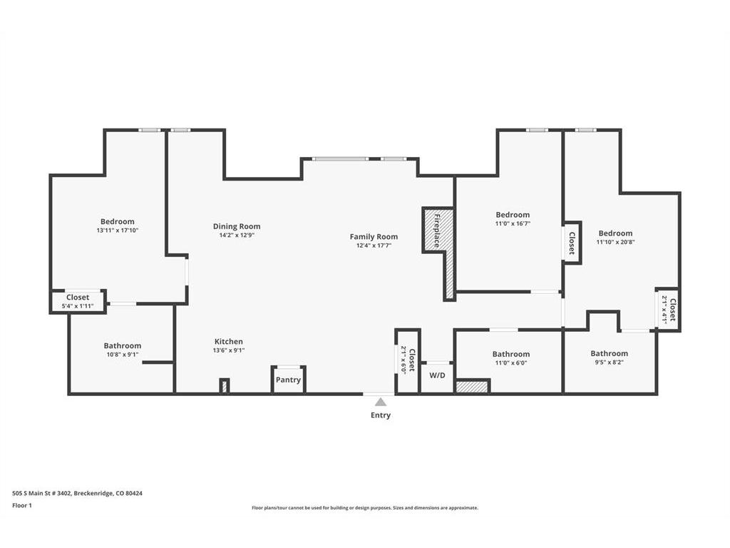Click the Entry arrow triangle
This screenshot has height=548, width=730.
click(x=381, y=402)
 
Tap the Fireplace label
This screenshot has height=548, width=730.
click(x=437, y=230)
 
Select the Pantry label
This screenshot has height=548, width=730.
click(x=288, y=380)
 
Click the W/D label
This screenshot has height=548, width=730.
click(x=437, y=375)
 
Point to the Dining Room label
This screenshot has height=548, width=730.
click(x=237, y=226)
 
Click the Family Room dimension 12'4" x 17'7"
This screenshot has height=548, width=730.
click(x=374, y=245)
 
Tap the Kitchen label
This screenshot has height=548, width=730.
click(x=229, y=342)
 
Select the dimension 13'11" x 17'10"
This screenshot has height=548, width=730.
click(x=118, y=230)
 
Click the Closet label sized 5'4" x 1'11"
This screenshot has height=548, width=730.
click(x=78, y=298)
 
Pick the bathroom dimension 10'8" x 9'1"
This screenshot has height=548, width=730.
click(x=123, y=355)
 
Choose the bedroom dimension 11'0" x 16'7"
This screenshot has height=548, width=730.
click(x=513, y=223)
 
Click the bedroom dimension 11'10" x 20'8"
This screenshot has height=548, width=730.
click(x=615, y=242)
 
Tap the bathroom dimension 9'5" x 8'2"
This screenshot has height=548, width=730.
click(x=609, y=362)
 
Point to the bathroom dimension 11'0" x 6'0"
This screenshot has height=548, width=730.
click(x=510, y=362)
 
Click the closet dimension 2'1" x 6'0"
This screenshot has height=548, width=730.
click(x=403, y=360)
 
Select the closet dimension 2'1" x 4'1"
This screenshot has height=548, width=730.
click(x=664, y=310)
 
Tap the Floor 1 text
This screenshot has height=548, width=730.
click(x=22, y=505)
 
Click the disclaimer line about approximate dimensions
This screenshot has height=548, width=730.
click(x=365, y=508)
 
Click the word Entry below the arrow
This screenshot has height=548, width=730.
click(x=381, y=415)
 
